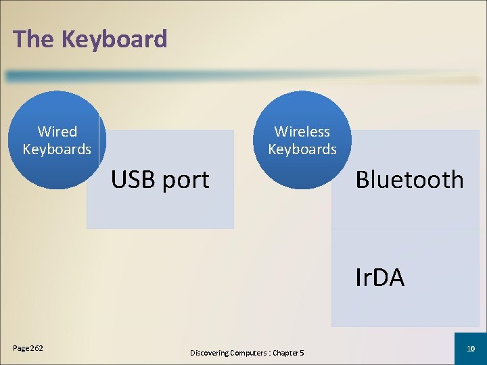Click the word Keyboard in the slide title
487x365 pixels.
click(114, 39)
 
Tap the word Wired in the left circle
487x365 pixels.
click(57, 131)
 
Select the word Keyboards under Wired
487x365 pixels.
click(57, 149)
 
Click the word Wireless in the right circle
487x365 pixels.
click(302, 131)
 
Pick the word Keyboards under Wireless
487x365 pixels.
click(302, 149)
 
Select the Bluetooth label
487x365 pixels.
click(410, 180)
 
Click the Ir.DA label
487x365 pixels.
click(380, 277)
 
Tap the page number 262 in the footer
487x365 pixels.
click(36, 348)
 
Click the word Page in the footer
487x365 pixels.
click(20, 349)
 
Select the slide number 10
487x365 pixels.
click(471, 347)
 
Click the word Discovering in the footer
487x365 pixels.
click(209, 353)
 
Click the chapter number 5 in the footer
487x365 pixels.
click(302, 353)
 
